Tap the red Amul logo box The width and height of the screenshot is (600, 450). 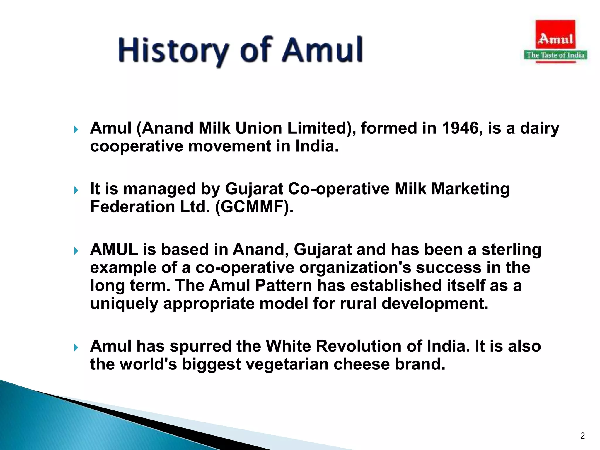click(x=555, y=35)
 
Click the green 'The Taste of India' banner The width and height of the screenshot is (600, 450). click(x=555, y=55)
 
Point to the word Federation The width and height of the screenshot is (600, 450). click(x=132, y=207)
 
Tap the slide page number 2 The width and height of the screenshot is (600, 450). click(x=582, y=436)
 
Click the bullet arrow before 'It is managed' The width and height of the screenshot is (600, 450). click(x=76, y=190)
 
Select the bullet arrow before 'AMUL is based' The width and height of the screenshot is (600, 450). click(x=76, y=251)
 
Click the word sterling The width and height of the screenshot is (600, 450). click(x=511, y=250)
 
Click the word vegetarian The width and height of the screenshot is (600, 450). click(x=287, y=364)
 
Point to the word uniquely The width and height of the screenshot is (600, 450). click(x=124, y=304)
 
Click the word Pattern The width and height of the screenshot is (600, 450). click(x=284, y=286)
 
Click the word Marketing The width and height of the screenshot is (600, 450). click(x=470, y=189)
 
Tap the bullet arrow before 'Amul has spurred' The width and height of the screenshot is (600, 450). click(x=76, y=348)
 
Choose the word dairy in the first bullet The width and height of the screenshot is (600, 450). click(x=539, y=128)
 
